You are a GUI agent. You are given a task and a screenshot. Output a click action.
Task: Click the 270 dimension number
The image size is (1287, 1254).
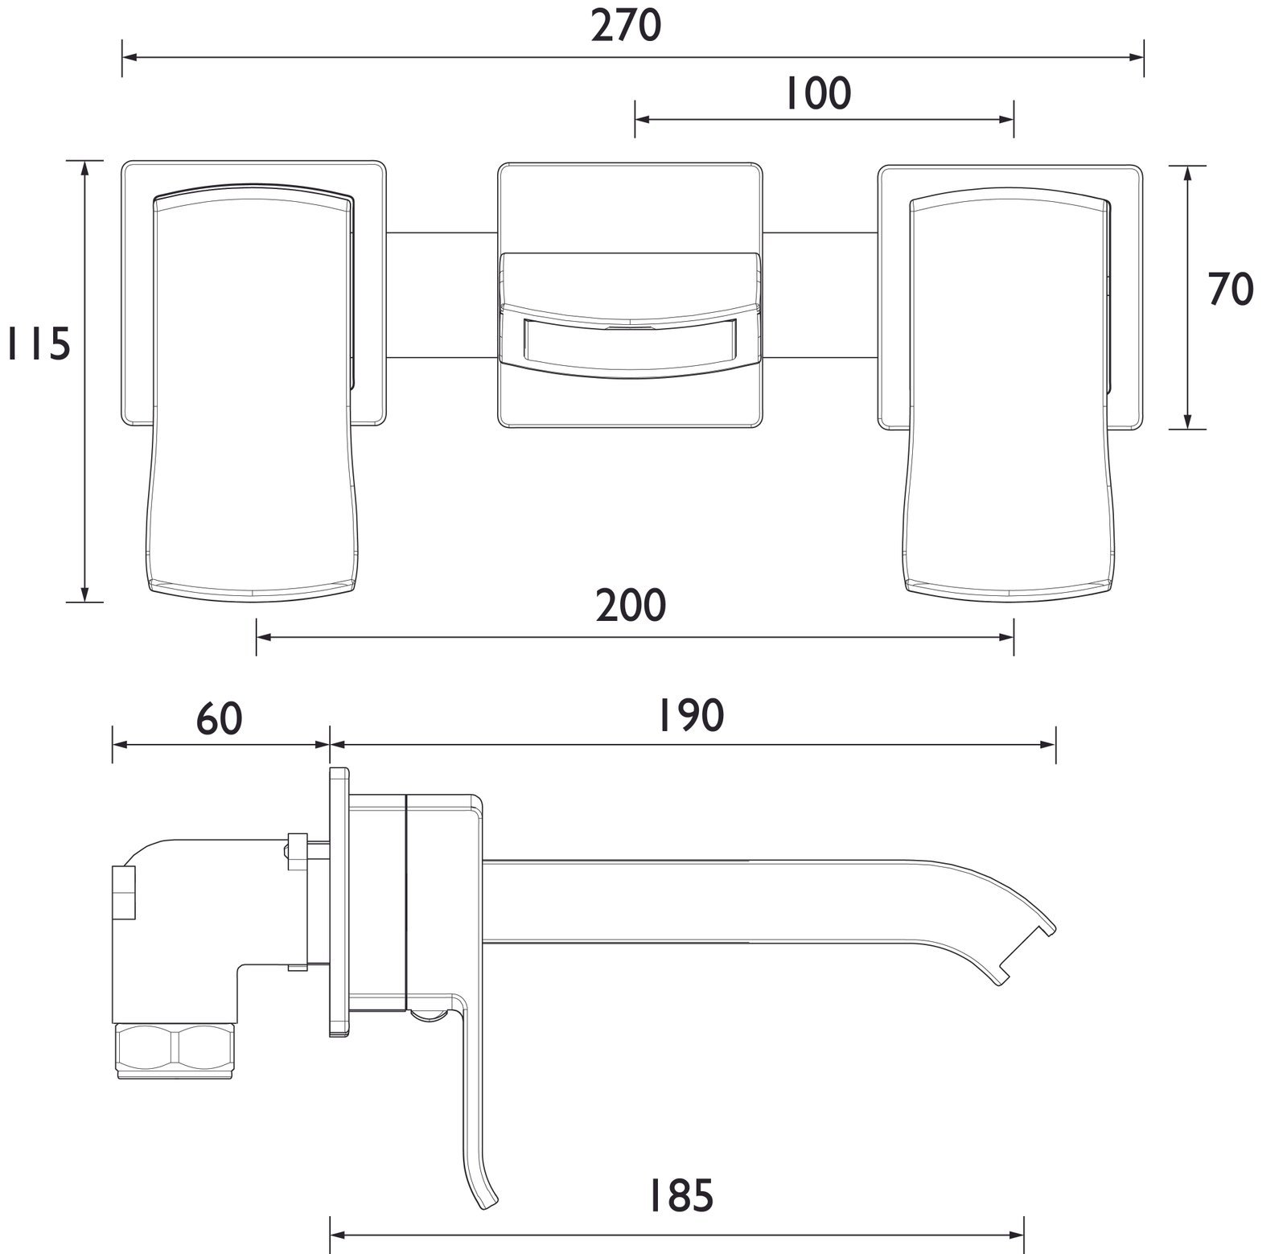[x=626, y=27]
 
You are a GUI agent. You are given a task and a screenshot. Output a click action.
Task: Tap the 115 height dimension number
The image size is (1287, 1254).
[x=39, y=343]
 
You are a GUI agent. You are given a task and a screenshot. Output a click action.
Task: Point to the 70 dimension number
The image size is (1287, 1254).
[x=1231, y=290]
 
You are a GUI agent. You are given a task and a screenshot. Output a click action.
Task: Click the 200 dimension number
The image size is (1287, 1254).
[x=631, y=605]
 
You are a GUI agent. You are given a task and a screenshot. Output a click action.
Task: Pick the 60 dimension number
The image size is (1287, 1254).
[x=220, y=717]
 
